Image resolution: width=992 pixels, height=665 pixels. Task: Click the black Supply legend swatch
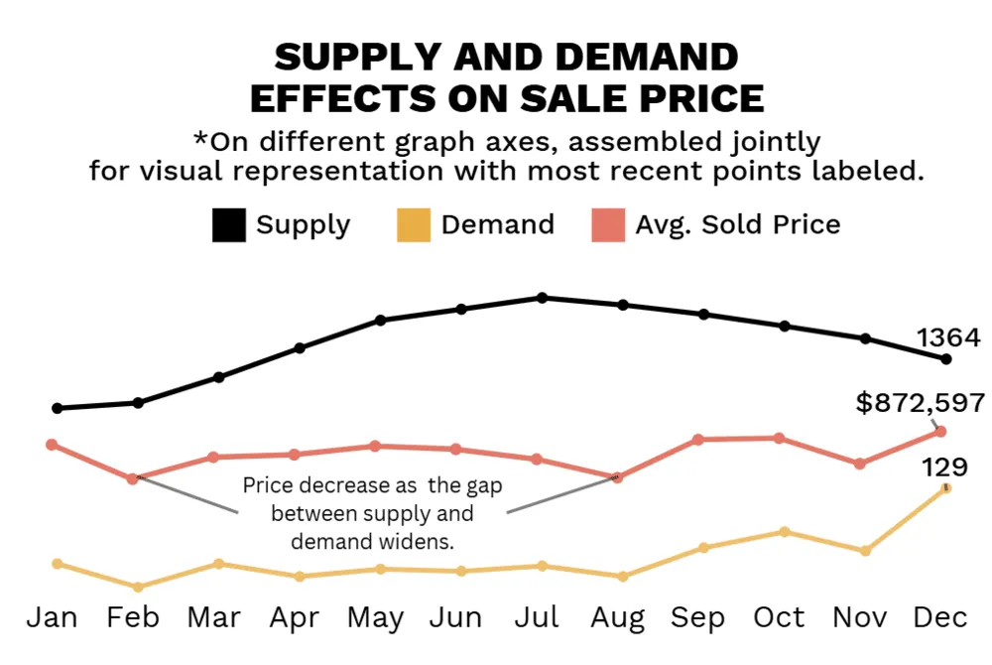[x=228, y=225]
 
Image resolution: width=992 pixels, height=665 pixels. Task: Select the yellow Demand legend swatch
[x=413, y=225]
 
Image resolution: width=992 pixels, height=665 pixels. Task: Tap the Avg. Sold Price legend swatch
[x=608, y=225]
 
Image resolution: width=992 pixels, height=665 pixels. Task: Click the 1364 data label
[x=946, y=337]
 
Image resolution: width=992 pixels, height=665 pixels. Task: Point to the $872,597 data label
[x=921, y=402]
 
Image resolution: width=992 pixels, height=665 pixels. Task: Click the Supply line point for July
[x=542, y=298]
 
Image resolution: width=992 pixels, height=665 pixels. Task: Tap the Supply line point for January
[x=58, y=408]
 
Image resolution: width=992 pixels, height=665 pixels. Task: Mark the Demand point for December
[x=946, y=487]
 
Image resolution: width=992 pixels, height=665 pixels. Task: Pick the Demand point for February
[x=138, y=587]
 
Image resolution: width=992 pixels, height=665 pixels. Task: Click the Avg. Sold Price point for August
[x=617, y=477]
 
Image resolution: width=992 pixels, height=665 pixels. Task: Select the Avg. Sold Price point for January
[x=52, y=444]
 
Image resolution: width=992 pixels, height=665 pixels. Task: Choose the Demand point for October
[x=784, y=532]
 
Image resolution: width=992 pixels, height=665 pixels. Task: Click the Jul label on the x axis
[x=537, y=617]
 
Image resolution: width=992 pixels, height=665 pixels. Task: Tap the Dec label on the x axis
[x=939, y=617]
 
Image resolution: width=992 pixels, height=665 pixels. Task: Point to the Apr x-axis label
[x=295, y=618]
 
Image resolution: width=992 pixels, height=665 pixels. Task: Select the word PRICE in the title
[x=691, y=99]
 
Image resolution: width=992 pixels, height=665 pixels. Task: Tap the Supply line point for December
[x=946, y=359]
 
